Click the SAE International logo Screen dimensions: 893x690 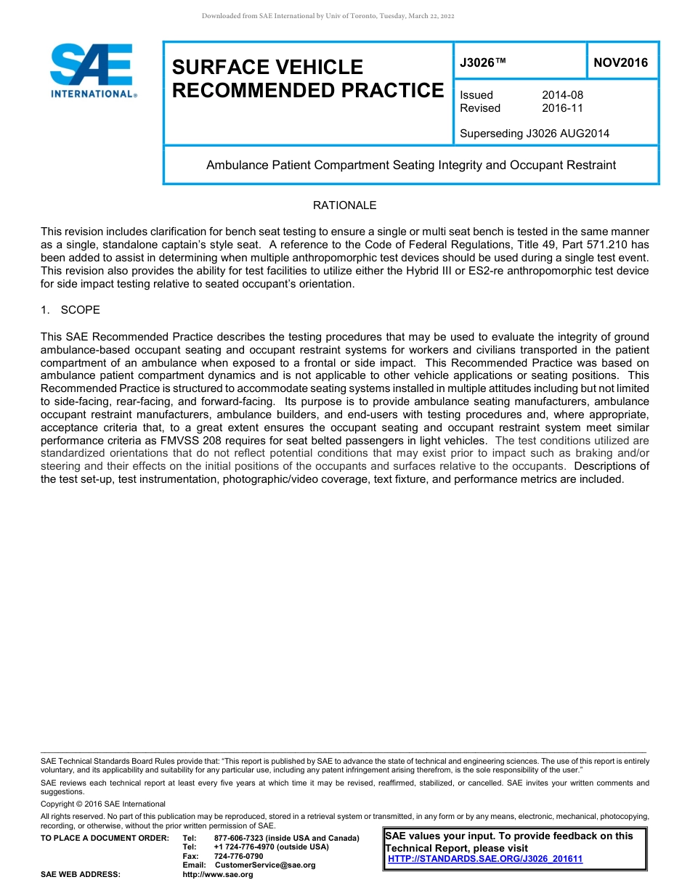point(92,71)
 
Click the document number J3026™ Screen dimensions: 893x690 point(482,63)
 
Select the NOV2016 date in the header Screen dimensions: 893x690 point(620,63)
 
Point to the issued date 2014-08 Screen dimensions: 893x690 point(562,95)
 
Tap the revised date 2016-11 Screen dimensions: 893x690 point(562,108)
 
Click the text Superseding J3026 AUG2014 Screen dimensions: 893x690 point(535,134)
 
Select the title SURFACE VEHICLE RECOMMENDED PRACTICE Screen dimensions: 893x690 point(307,78)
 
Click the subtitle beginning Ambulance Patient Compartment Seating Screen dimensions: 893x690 point(410,165)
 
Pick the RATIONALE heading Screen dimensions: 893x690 point(344,205)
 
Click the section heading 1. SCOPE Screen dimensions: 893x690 point(70,310)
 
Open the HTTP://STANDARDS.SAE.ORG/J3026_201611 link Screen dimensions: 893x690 point(485,859)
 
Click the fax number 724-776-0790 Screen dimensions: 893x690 point(238,856)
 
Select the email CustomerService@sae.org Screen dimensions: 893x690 point(265,865)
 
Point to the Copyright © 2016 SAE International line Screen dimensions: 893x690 point(103,804)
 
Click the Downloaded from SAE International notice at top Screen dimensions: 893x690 point(328,16)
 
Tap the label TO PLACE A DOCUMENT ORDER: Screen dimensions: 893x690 point(105,839)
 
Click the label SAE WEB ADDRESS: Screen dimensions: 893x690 point(81,875)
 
